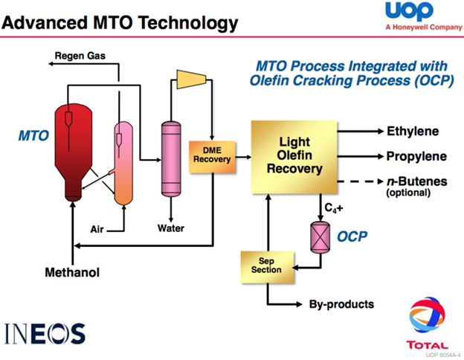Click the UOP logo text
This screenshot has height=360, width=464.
tap(407, 13)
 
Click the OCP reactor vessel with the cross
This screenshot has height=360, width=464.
tap(319, 235)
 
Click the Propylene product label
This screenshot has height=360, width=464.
tap(416, 157)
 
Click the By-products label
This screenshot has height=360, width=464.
tap(341, 304)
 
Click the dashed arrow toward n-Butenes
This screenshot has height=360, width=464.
tap(362, 181)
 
